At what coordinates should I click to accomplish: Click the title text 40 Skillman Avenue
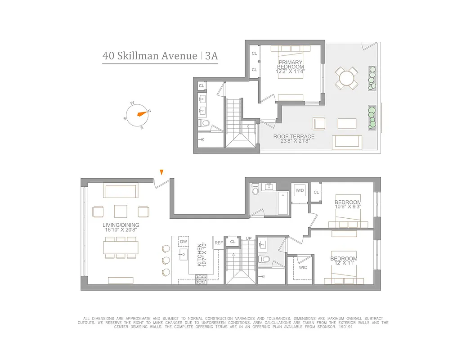(150, 56)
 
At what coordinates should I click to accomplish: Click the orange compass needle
(142, 113)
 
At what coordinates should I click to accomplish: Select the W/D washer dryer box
(299, 191)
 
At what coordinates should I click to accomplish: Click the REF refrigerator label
(219, 243)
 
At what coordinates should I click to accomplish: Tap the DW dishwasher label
(183, 242)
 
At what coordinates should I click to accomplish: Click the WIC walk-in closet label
(303, 267)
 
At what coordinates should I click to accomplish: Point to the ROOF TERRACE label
(294, 136)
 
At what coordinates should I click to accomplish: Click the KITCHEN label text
(200, 254)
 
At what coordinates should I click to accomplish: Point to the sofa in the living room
(120, 190)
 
